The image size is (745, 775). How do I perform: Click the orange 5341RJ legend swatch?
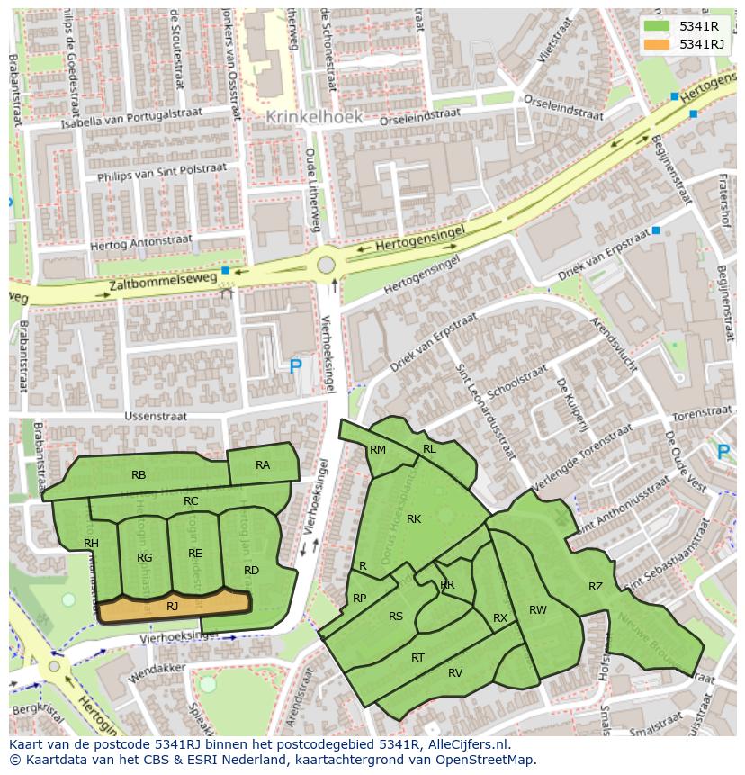[x=658, y=44]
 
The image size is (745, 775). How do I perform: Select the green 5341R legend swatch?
[x=658, y=25]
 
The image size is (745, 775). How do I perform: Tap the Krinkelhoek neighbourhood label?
[x=314, y=117]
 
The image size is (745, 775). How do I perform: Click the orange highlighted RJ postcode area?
[x=173, y=608]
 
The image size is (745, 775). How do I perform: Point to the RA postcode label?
[x=263, y=465]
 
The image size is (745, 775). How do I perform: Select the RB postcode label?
[x=139, y=475]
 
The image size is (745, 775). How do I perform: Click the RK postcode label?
[x=414, y=519]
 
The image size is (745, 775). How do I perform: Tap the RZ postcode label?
[x=596, y=587]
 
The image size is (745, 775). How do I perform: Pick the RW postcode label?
[x=538, y=610]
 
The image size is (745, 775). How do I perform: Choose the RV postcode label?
[x=455, y=673]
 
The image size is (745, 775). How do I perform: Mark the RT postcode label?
[x=417, y=658]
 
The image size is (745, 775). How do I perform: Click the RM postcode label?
[x=378, y=450]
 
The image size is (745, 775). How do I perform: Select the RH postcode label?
[x=91, y=544]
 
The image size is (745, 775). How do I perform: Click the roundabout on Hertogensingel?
[x=326, y=266]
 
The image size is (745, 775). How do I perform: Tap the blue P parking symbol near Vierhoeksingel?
[x=294, y=366]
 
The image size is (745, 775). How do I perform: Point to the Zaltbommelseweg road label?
[x=163, y=283]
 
